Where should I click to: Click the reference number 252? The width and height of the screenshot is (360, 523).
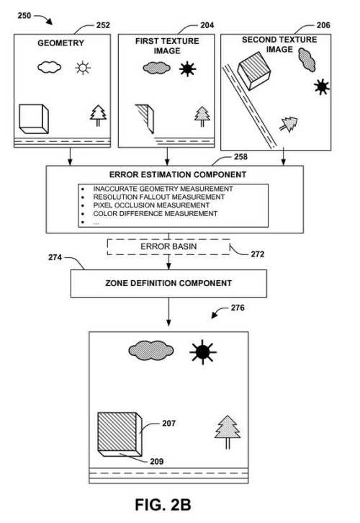pyautogui.click(x=103, y=25)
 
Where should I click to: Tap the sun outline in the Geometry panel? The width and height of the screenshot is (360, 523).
pyautogui.click(x=83, y=68)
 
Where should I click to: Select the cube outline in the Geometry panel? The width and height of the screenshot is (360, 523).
pyautogui.click(x=34, y=119)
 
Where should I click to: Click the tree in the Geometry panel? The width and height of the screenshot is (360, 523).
pyautogui.click(x=99, y=115)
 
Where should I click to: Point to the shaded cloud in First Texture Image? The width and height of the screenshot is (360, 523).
pyautogui.click(x=156, y=68)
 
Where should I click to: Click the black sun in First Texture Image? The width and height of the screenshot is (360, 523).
pyautogui.click(x=187, y=68)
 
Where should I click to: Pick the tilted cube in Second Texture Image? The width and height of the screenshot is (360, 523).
pyautogui.click(x=253, y=71)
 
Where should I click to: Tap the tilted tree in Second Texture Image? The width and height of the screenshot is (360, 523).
pyautogui.click(x=289, y=124)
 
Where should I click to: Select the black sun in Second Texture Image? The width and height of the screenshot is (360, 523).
pyautogui.click(x=322, y=86)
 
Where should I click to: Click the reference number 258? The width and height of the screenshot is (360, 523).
pyautogui.click(x=240, y=157)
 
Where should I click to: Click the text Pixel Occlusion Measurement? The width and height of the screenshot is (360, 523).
pyautogui.click(x=151, y=205)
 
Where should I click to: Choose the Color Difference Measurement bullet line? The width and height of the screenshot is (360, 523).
pyautogui.click(x=149, y=213)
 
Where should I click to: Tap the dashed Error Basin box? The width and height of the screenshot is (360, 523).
pyautogui.click(x=168, y=247)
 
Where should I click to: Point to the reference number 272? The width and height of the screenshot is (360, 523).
pyautogui.click(x=257, y=254)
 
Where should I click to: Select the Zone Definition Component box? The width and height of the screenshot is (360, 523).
pyautogui.click(x=168, y=284)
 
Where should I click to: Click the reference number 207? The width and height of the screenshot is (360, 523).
pyautogui.click(x=168, y=424)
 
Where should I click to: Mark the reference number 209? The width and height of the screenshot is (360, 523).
pyautogui.click(x=157, y=462)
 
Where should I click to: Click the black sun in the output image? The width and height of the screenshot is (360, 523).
pyautogui.click(x=202, y=352)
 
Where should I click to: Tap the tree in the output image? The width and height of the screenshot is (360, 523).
pyautogui.click(x=228, y=432)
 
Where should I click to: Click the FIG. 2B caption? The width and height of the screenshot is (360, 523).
pyautogui.click(x=163, y=505)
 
